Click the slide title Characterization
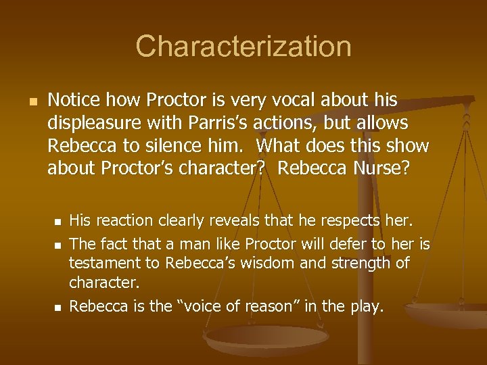[x=243, y=47]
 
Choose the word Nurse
[x=381, y=167]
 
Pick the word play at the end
[x=367, y=306]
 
